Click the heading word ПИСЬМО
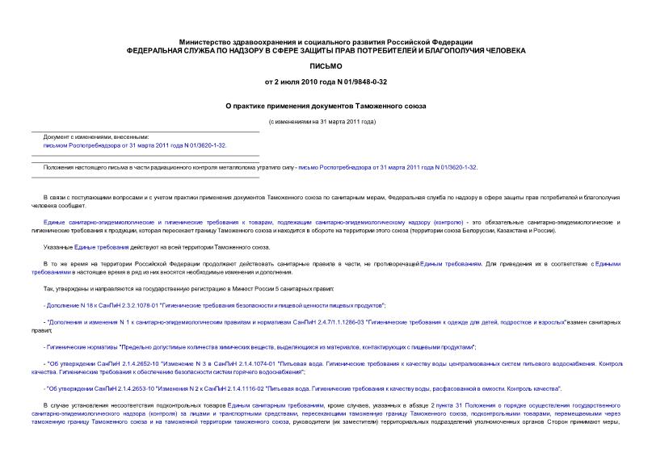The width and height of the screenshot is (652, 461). pos(326,66)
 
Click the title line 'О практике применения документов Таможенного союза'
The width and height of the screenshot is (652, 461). pos(326,105)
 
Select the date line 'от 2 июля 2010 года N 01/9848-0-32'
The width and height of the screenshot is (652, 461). pos(326,82)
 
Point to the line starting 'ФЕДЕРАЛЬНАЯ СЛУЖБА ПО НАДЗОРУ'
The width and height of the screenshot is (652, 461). pos(326,51)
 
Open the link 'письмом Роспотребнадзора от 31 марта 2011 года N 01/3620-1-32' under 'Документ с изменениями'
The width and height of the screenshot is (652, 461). pos(135,146)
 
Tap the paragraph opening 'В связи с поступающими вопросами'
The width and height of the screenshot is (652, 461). pos(242,197)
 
